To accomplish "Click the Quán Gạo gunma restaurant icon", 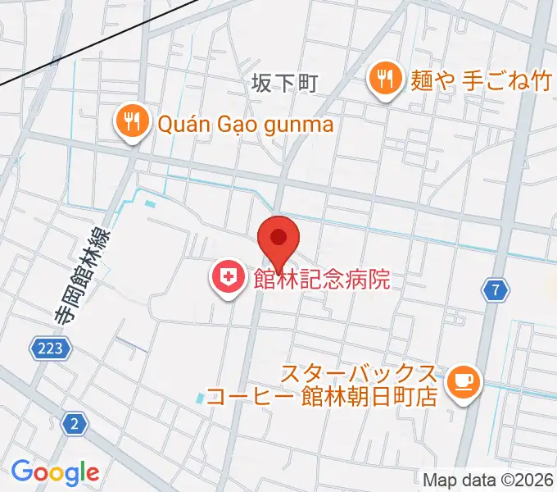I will click(130, 124).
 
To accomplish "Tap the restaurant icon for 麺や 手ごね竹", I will click(383, 80).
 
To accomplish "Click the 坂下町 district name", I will click(283, 84).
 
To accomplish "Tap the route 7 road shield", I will click(495, 289).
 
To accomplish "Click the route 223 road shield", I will click(51, 349).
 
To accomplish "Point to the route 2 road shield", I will click(75, 423).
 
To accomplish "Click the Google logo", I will click(55, 471).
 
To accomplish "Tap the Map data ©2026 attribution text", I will click(488, 481).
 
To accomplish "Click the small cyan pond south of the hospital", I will click(201, 399).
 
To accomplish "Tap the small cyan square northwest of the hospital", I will click(149, 203).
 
